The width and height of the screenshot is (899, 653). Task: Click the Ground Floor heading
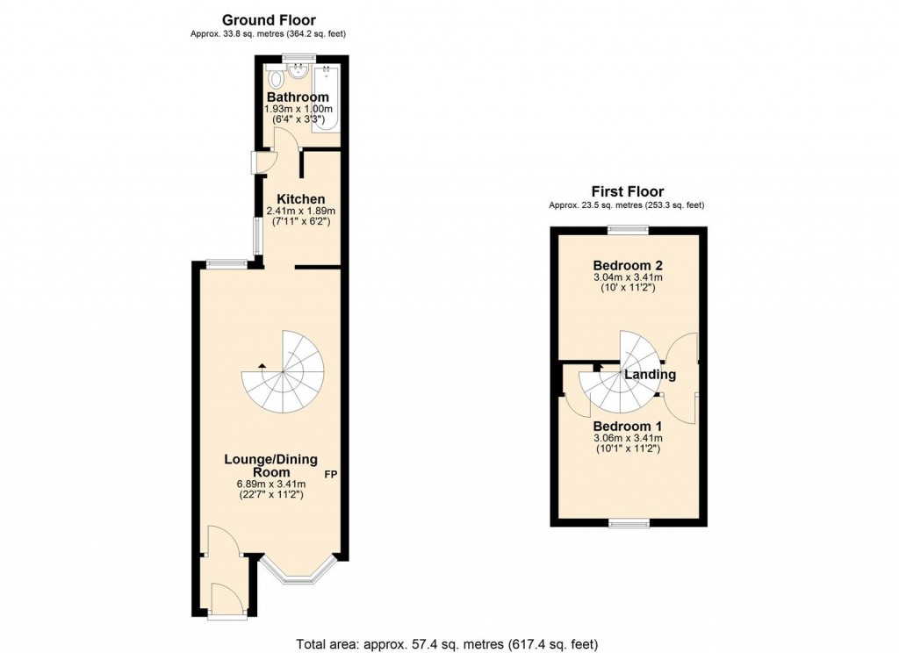click(269, 19)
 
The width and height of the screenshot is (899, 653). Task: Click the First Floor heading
click(627, 191)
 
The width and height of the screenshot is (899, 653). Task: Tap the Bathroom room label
click(298, 97)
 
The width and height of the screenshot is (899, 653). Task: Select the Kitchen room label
click(300, 199)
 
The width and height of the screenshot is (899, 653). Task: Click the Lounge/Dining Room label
click(270, 465)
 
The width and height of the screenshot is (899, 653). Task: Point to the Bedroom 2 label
click(627, 265)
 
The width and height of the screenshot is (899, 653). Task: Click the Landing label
click(651, 375)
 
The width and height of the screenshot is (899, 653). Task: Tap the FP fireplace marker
click(331, 475)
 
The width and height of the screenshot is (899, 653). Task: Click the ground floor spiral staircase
click(283, 372)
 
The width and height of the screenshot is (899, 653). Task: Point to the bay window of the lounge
click(298, 571)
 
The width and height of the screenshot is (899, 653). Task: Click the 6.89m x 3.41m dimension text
click(270, 484)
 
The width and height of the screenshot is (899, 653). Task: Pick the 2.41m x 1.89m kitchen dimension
click(300, 212)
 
